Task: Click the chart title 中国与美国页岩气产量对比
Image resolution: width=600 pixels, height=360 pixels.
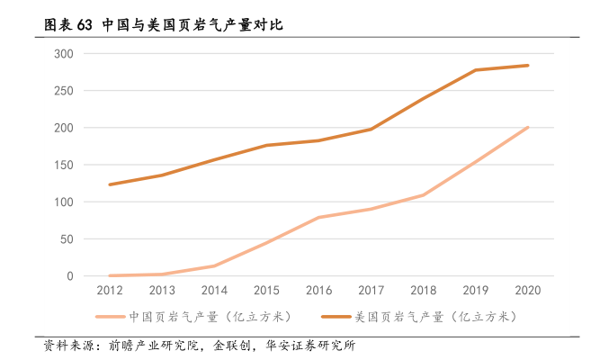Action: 193,24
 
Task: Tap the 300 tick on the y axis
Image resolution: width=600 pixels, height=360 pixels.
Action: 62,54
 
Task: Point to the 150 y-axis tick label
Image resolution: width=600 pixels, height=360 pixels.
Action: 62,165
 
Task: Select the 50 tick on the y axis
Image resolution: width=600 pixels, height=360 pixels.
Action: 65,239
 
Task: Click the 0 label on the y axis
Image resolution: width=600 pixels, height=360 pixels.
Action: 68,276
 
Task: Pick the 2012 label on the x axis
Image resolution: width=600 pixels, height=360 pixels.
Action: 109,290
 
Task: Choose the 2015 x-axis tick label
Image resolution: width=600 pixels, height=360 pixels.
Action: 265,290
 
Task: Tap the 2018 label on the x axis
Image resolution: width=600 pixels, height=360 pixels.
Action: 423,290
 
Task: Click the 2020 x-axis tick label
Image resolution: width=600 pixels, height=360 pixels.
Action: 527,290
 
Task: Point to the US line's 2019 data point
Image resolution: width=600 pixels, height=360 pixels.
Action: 475,70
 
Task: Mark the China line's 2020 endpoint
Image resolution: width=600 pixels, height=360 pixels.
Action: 527,128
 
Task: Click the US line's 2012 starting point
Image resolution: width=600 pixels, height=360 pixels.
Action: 109,184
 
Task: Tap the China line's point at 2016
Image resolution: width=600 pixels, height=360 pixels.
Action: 318,218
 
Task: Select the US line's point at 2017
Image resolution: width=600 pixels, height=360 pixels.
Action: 371,130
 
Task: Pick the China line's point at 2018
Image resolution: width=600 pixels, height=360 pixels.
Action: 423,195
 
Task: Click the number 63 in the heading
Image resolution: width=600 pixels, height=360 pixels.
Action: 85,24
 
